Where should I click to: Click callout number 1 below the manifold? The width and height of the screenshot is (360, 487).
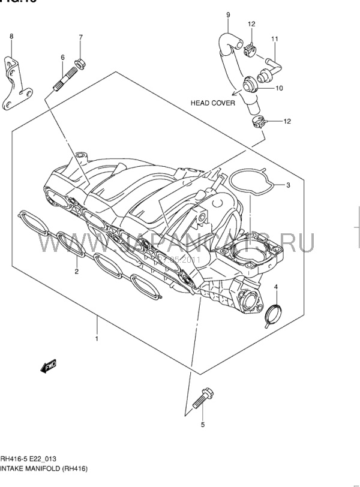point(96,339)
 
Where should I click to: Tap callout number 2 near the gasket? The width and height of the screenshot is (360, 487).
point(77,271)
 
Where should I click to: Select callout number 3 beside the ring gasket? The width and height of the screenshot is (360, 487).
point(288,185)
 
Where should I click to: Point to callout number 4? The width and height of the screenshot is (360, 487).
point(276,288)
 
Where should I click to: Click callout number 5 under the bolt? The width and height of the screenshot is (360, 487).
point(202,425)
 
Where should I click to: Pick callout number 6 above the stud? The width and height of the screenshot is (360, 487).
point(62,57)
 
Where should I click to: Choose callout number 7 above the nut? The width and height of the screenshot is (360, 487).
point(80,37)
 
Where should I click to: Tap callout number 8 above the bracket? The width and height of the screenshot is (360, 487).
point(11,37)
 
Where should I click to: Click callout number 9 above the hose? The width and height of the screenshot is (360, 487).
point(228,14)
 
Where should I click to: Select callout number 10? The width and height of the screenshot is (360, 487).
point(279,88)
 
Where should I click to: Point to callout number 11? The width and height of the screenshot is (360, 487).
point(274,40)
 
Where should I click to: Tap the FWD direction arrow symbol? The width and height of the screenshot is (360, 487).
point(48,366)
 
